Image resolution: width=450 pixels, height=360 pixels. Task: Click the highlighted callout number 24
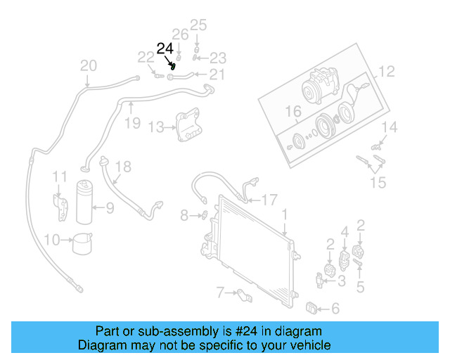[165, 49]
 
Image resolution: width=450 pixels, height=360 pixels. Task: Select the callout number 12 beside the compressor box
[387, 71]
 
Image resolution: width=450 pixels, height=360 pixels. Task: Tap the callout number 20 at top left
[88, 66]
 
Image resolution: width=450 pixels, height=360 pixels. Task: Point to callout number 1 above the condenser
[285, 213]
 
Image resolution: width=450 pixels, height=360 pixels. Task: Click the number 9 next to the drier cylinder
[110, 207]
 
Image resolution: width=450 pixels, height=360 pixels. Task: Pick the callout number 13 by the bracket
[155, 127]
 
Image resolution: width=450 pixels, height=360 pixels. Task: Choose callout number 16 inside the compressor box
[293, 111]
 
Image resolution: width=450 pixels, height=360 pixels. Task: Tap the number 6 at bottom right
[335, 308]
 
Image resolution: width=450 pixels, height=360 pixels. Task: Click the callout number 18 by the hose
[123, 167]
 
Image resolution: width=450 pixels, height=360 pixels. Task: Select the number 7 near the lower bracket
[220, 290]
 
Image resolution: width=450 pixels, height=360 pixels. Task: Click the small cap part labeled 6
[314, 307]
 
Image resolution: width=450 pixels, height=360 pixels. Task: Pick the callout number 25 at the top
[198, 25]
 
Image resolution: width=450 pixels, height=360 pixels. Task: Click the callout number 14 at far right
[390, 127]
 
